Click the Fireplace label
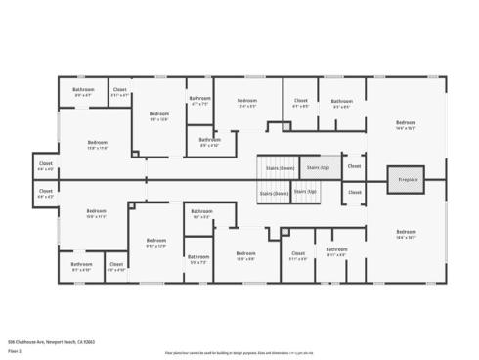click(407, 180)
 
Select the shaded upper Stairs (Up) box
click(315, 167)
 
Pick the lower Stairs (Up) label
click(306, 192)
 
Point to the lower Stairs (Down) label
click(274, 193)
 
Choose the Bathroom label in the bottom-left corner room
click(82, 264)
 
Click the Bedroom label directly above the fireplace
click(406, 122)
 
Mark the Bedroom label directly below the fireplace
click(406, 233)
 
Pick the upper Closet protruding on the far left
click(45, 165)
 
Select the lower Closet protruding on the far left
click(45, 194)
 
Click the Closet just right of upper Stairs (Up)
click(354, 166)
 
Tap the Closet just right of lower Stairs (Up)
click(354, 193)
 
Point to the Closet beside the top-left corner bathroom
click(119, 91)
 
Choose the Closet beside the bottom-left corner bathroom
click(116, 265)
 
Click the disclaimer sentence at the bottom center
click(239, 349)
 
